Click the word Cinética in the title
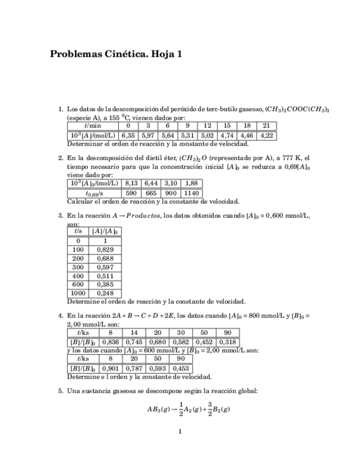[123, 54]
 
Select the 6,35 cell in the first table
[128, 135]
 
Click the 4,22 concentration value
[266, 135]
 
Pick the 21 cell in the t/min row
[266, 126]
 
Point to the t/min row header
[92, 126]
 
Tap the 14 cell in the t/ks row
[134, 333]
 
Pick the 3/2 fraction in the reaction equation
[209, 409]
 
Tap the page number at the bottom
[180, 431]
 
